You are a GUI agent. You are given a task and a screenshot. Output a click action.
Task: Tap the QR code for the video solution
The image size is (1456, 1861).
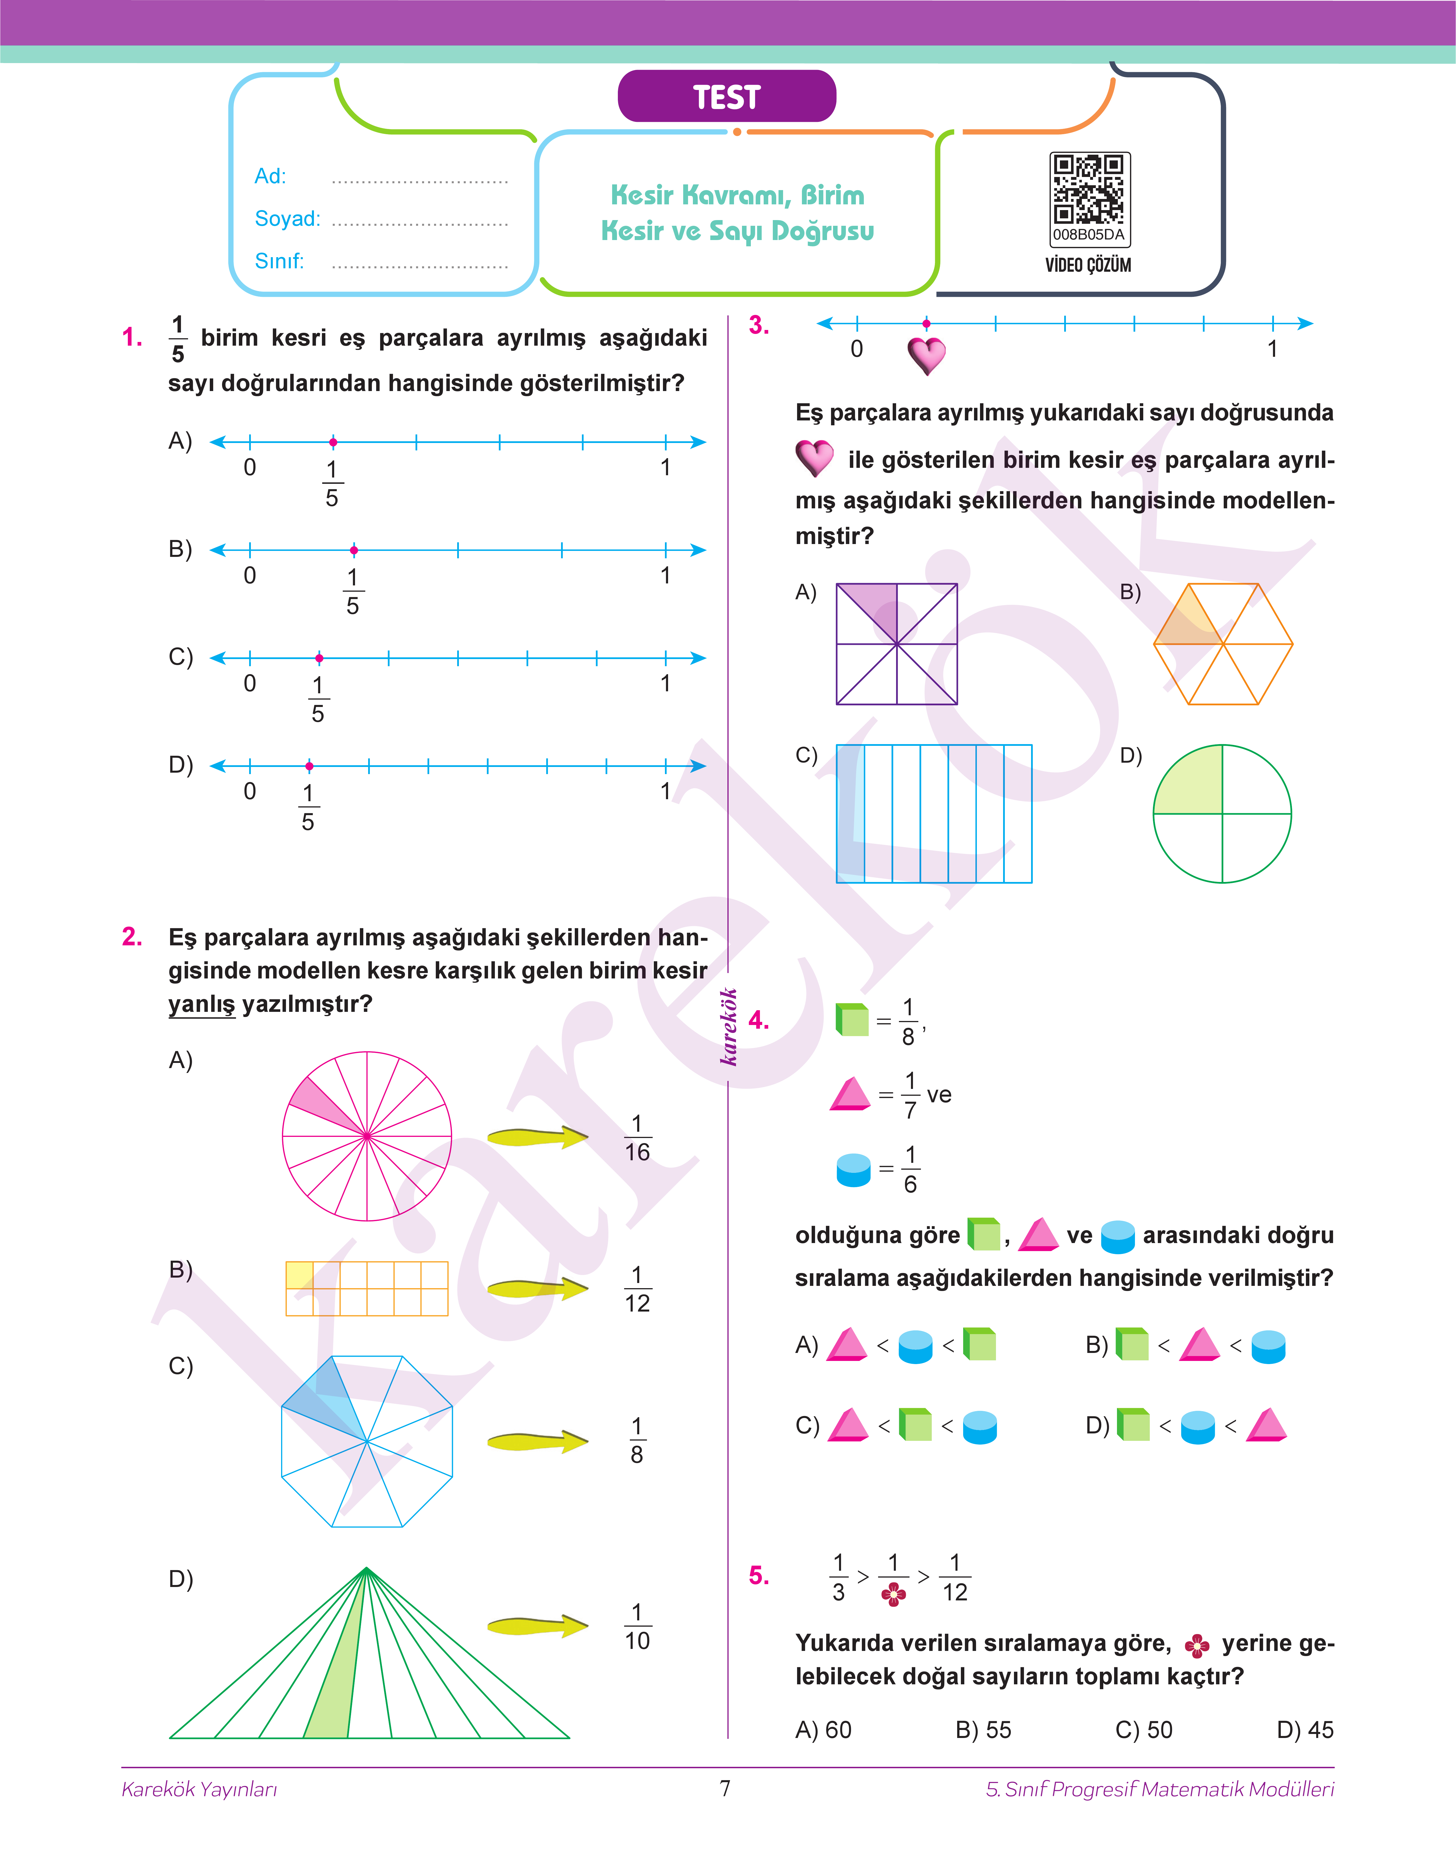pos(1089,189)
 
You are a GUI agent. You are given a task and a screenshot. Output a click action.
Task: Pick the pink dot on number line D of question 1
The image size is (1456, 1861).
pos(309,766)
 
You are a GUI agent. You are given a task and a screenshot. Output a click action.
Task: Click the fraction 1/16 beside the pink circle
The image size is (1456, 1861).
pos(637,1138)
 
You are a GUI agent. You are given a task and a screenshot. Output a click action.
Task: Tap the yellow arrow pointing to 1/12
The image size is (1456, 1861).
pos(537,1289)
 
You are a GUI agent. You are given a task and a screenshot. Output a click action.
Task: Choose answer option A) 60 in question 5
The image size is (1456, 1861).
pos(824,1730)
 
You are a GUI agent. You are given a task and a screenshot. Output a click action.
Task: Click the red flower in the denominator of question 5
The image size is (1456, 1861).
pos(893,1594)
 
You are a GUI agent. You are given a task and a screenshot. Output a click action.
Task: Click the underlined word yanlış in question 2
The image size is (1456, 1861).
pos(201,1004)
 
